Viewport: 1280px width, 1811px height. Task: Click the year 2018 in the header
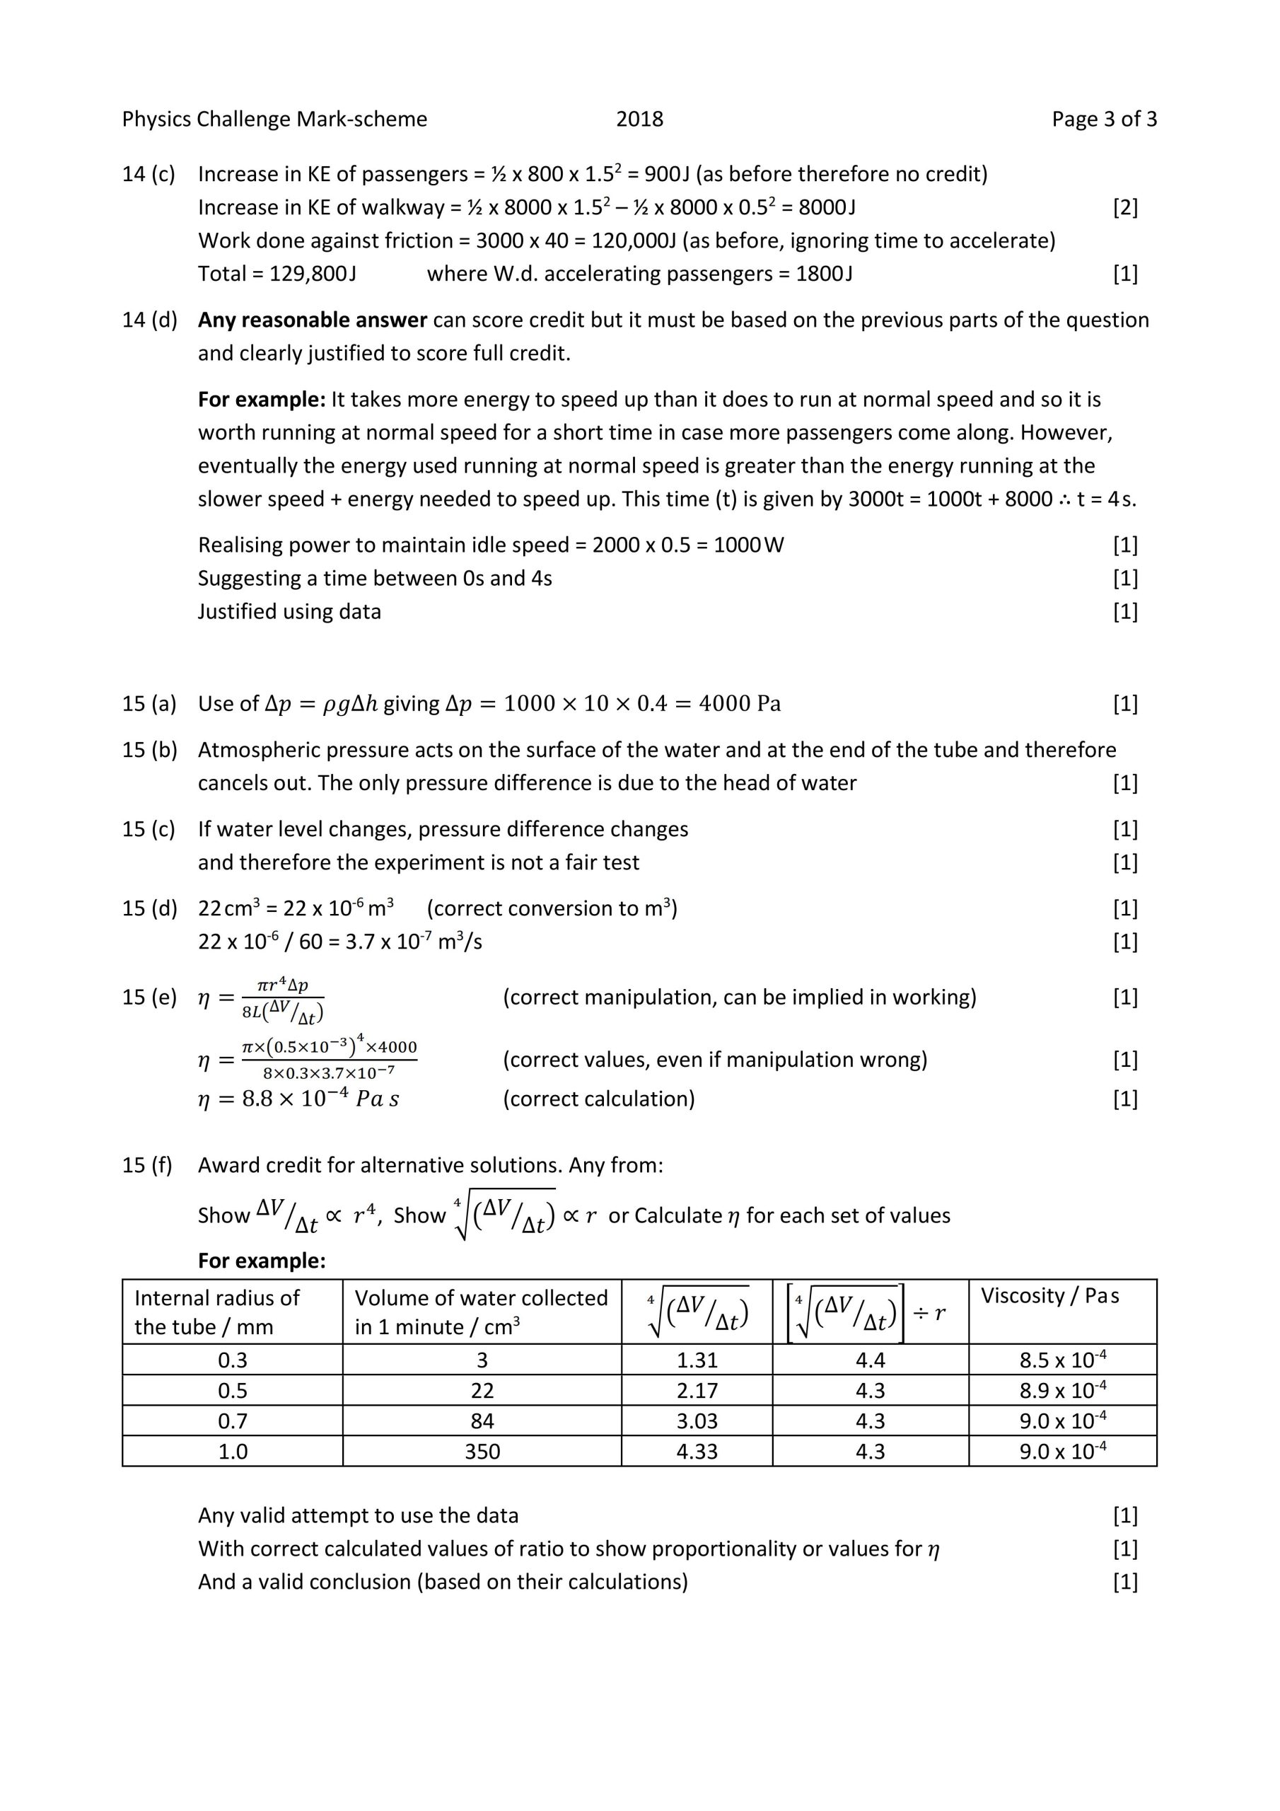pos(639,119)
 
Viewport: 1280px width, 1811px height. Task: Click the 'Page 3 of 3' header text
pos(1103,119)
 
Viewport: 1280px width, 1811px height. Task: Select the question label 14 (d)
pos(149,320)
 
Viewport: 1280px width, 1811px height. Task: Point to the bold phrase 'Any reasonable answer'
pos(313,320)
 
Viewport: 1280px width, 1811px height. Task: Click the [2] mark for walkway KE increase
pos(1124,207)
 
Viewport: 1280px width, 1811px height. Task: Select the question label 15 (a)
pos(149,704)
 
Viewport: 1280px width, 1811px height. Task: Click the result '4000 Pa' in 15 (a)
pos(739,704)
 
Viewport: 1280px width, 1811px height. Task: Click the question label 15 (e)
pos(149,997)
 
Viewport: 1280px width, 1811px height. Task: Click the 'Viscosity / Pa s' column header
pos(1049,1295)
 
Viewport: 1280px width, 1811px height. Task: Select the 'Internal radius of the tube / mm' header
pos(217,1312)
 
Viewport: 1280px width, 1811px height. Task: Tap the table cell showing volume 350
pos(482,1452)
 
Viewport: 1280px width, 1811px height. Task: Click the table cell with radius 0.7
pos(233,1421)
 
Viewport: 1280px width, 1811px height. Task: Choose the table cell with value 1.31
pos(697,1360)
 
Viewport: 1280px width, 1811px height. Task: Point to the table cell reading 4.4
pos(870,1360)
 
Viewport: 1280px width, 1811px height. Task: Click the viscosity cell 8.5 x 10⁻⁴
pos(1061,1360)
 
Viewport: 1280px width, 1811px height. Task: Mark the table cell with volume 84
pos(482,1421)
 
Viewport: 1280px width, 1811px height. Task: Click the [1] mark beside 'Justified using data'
pos(1124,612)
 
